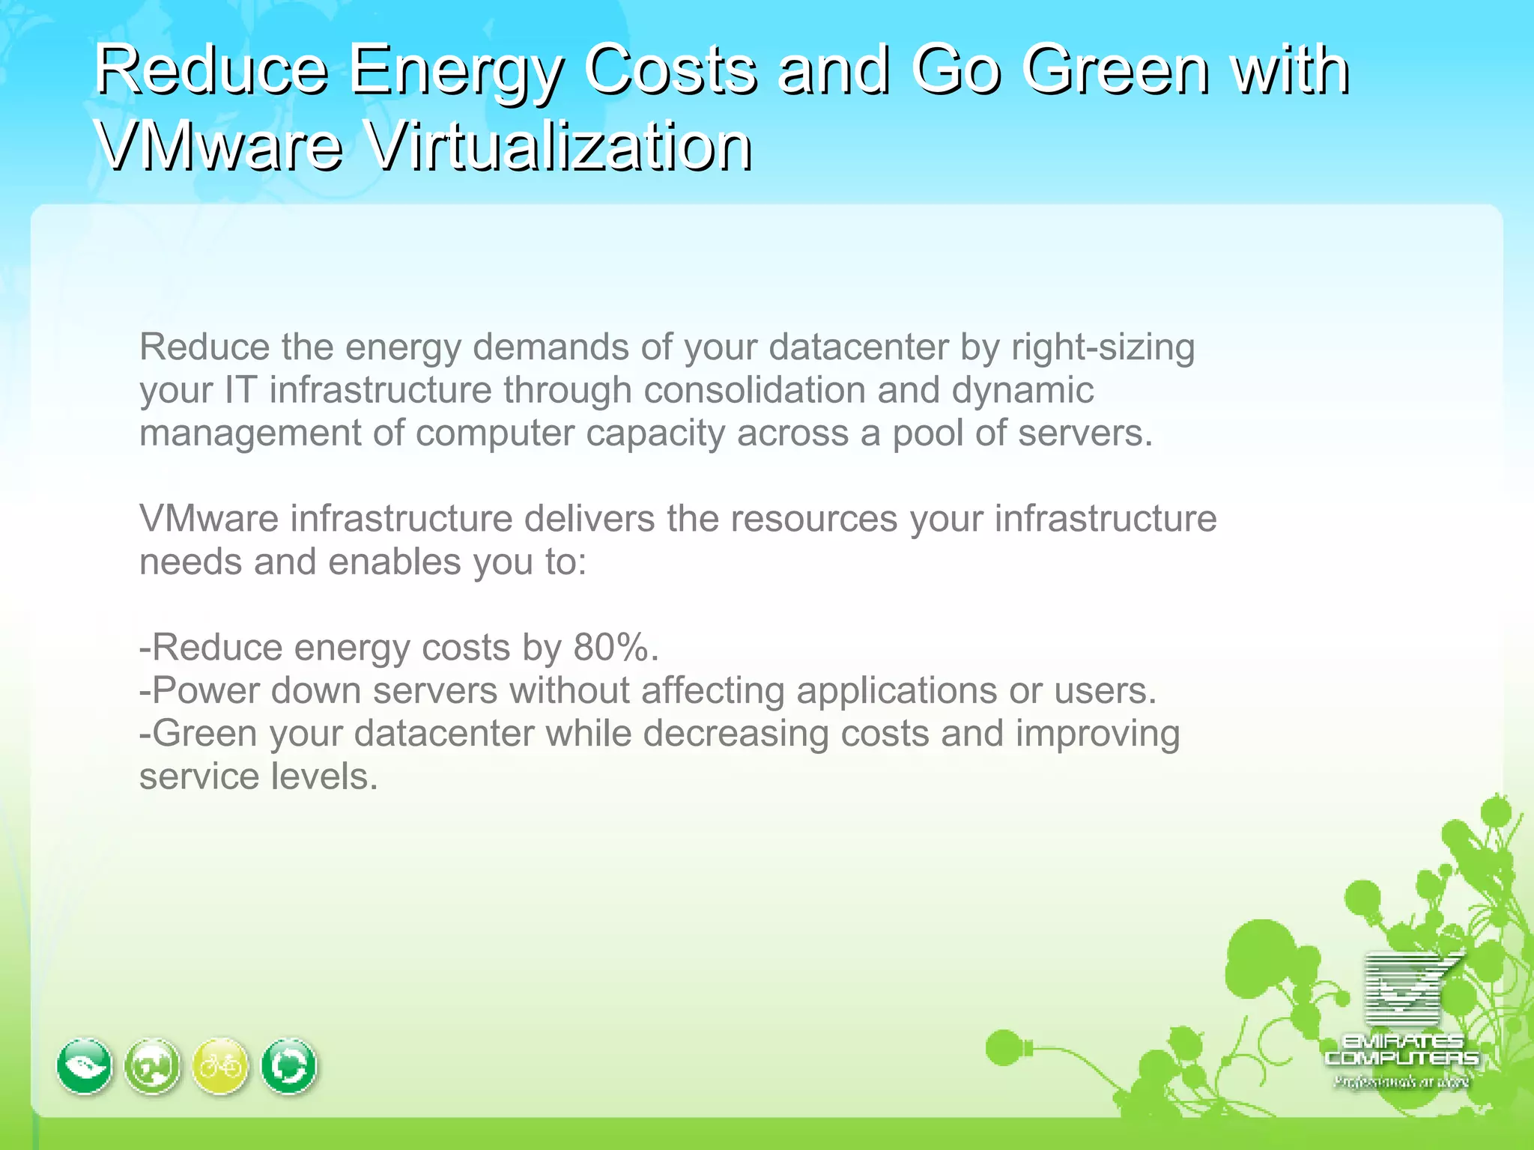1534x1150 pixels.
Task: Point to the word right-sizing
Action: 1103,347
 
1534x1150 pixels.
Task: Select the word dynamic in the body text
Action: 1022,390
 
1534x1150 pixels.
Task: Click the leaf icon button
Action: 85,1066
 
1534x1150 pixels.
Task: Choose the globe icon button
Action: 153,1066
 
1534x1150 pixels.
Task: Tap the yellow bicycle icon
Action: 220,1066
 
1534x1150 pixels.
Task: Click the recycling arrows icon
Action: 289,1066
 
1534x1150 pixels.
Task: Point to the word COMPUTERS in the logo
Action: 1401,1058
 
